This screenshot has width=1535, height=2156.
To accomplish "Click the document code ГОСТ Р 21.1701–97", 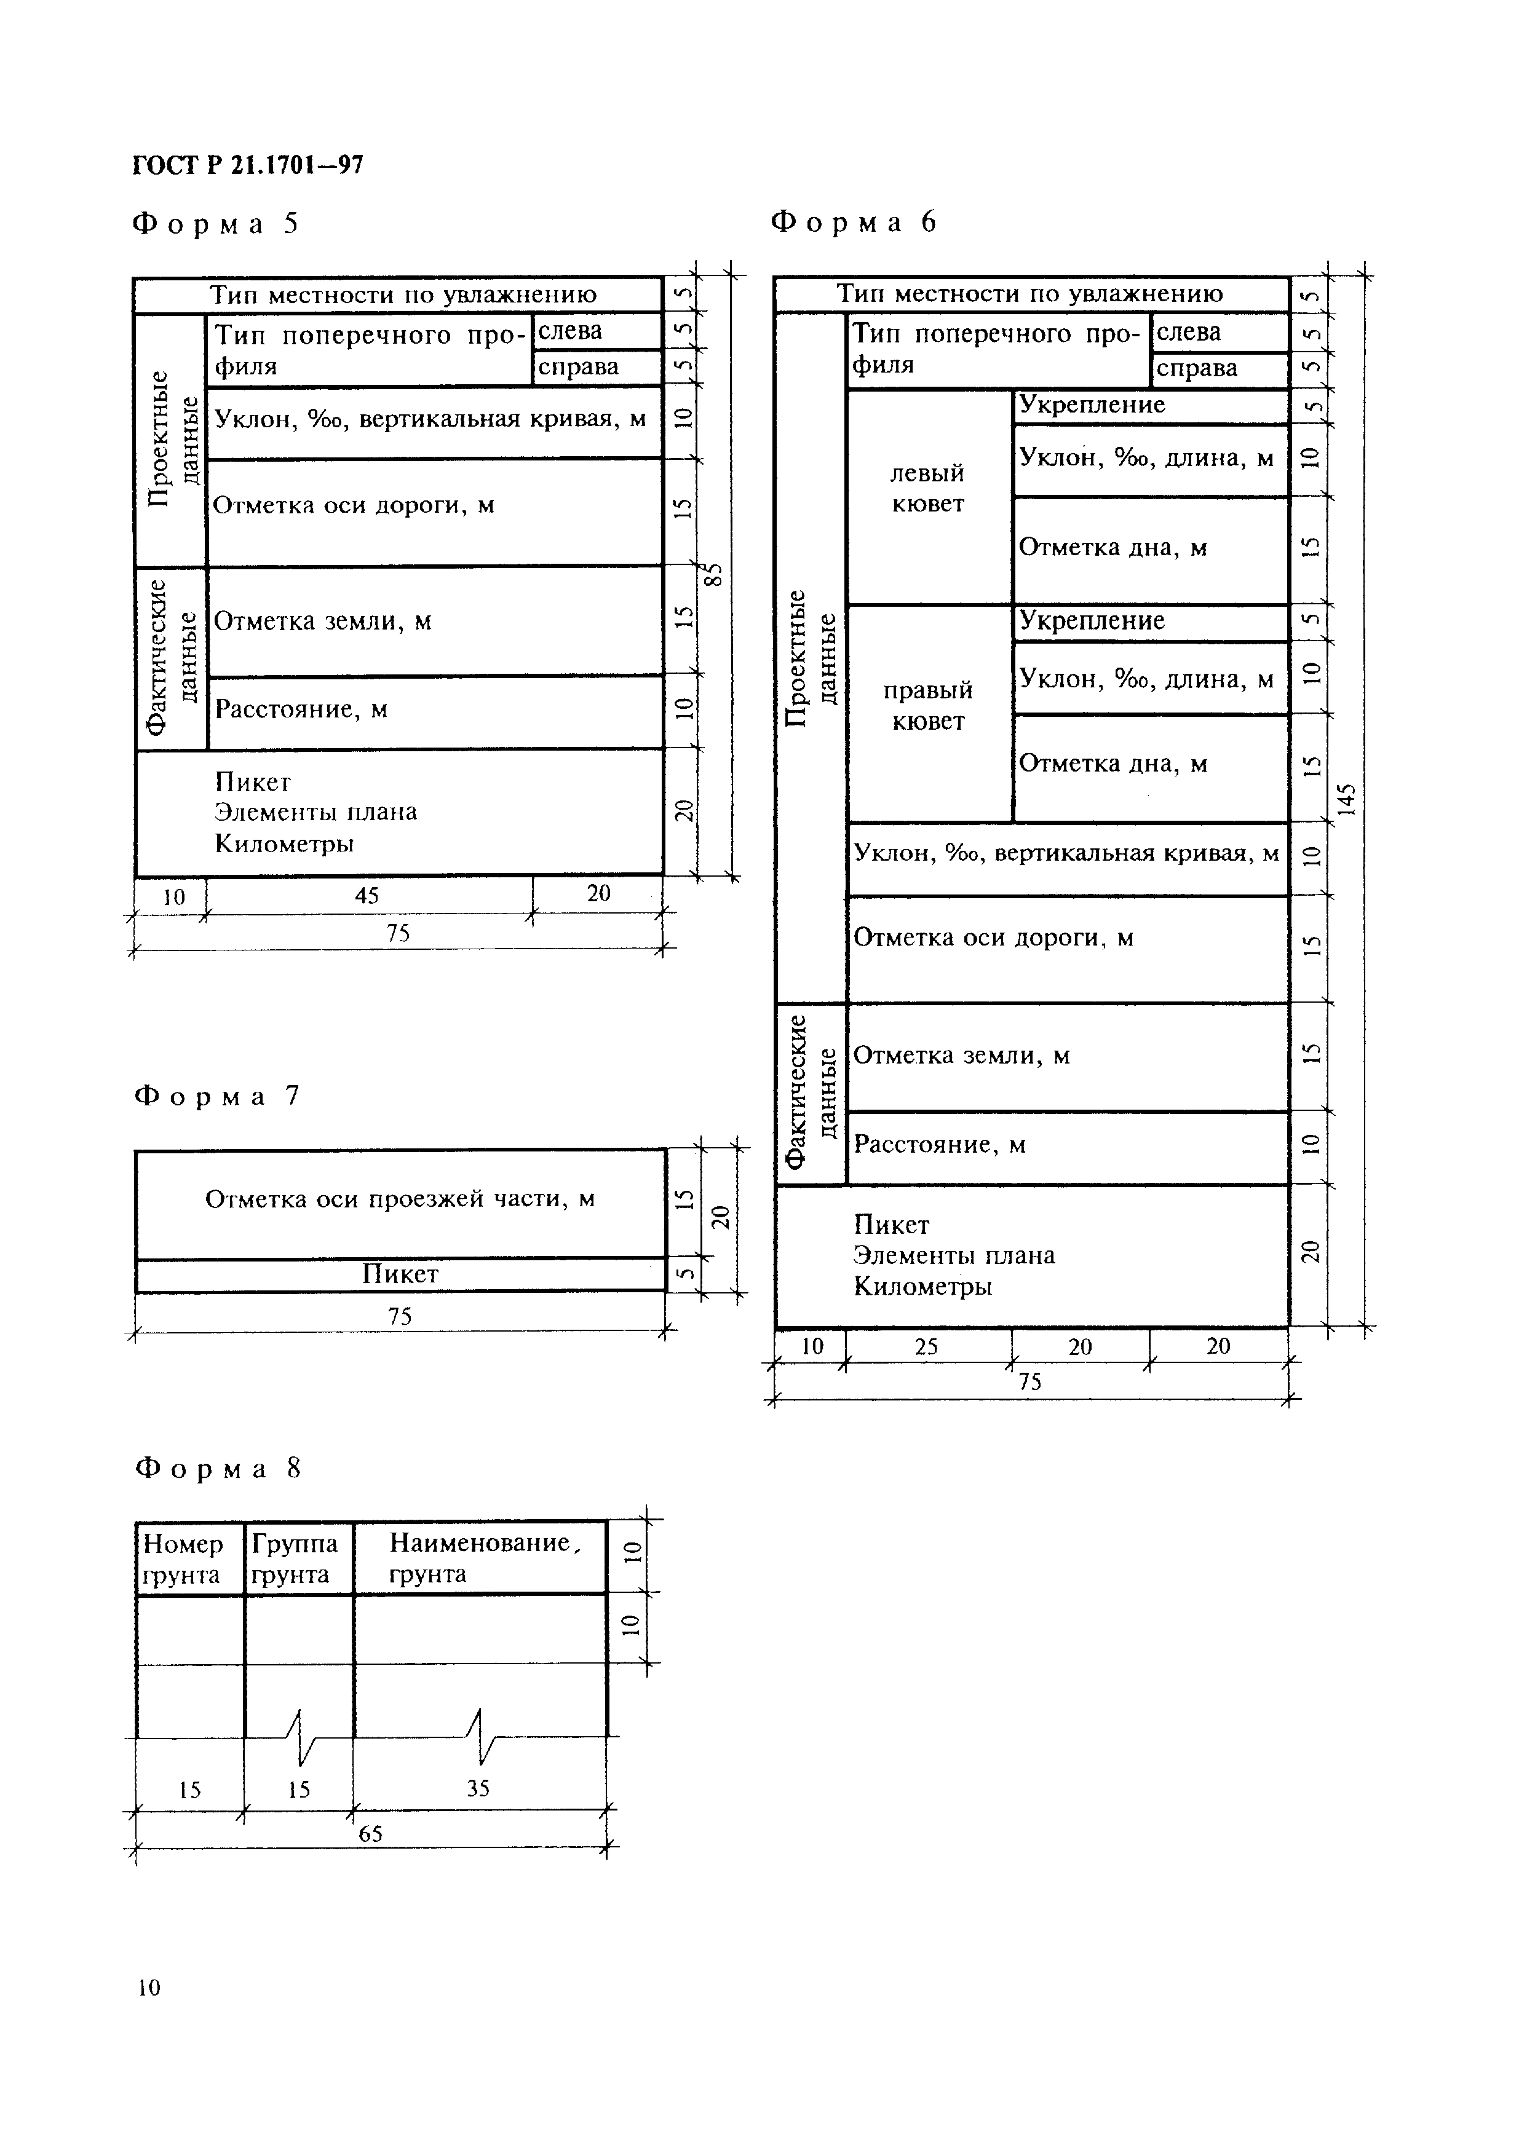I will pos(248,166).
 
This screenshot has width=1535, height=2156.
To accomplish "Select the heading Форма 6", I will pos(854,222).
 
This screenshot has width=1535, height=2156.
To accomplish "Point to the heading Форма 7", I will pos(216,1096).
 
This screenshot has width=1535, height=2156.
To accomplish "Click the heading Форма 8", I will pos(217,1468).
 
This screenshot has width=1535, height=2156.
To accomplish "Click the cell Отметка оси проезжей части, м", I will pos(400,1199).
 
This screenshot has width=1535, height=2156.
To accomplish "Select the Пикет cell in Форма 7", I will pos(400,1274).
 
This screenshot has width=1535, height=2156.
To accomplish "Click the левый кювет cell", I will pos(928,489).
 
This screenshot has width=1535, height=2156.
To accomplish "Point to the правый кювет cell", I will pos(928,706).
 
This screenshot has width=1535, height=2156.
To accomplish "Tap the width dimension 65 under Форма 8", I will pos(370,1834).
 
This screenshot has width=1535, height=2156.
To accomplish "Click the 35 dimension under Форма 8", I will pos(478,1788).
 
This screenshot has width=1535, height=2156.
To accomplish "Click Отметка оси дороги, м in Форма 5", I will pos(354,505).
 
